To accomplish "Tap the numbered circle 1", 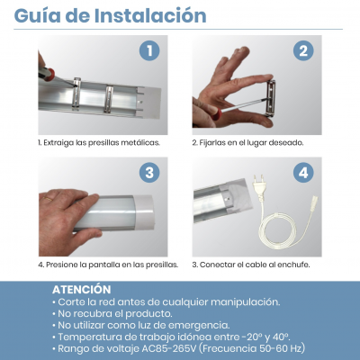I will coord(148,51).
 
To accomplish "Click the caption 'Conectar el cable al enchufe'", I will coord(251,265).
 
